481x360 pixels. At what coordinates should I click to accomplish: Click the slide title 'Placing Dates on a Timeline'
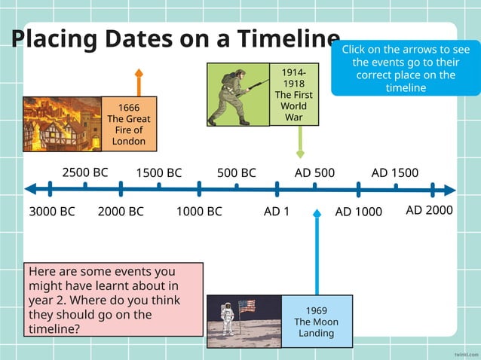175,39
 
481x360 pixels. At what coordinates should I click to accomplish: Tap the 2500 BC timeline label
84,172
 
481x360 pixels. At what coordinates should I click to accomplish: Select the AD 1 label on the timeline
277,212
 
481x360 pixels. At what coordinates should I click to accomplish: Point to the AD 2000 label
429,210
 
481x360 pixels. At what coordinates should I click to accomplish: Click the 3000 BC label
52,212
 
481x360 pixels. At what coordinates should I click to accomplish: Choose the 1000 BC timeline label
199,212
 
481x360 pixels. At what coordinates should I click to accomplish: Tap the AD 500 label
314,172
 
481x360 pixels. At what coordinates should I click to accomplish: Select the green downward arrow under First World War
300,142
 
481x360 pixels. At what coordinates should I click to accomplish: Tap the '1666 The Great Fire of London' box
129,124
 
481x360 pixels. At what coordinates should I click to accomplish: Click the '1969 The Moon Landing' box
316,322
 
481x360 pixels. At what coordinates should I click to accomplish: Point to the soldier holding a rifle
235,94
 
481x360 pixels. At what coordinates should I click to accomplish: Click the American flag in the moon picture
247,307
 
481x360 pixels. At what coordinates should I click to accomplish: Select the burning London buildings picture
62,124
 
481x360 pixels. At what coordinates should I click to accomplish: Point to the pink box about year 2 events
113,299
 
